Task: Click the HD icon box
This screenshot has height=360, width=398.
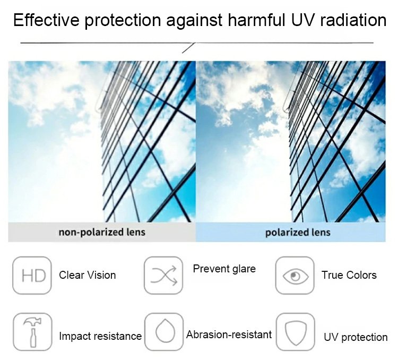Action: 32,276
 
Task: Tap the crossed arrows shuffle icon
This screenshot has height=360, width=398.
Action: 163,276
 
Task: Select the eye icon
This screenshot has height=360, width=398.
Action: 295,276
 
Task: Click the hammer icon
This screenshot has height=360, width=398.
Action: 32,332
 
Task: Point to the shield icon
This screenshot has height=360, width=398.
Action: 296,332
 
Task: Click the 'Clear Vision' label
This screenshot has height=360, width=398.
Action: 88,275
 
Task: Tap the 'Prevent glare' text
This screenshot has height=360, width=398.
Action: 224,269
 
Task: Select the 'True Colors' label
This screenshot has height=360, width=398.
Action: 349,275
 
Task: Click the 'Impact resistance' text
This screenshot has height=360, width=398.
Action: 100,336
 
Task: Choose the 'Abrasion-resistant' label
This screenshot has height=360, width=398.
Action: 229,335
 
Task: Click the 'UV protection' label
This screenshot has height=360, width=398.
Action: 356,337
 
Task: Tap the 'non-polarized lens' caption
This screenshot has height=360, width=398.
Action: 102,232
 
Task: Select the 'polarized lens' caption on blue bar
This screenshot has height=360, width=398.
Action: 298,233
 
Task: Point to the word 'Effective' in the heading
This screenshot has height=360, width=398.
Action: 46,20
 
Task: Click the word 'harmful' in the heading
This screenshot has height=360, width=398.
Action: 257,20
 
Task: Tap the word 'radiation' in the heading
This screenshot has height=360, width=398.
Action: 353,20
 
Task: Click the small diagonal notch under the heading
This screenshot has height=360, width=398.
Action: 188,48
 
